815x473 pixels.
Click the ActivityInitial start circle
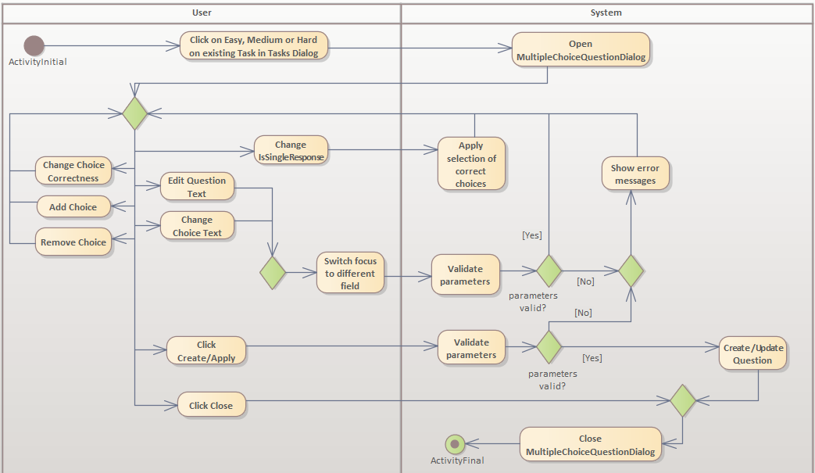pyautogui.click(x=34, y=46)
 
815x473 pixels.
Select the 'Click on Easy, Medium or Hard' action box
pyautogui.click(x=254, y=46)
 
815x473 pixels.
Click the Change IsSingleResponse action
pyautogui.click(x=291, y=150)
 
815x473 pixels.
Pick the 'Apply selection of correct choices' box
pyautogui.click(x=471, y=164)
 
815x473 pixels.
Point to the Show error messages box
pyautogui.click(x=635, y=174)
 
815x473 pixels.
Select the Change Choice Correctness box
pyautogui.click(x=73, y=171)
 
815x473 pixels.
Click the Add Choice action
pyautogui.click(x=73, y=207)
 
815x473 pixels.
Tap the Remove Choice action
pyautogui.click(x=73, y=242)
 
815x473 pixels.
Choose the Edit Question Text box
pyautogui.click(x=197, y=187)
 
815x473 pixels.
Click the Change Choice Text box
pyautogui.click(x=197, y=226)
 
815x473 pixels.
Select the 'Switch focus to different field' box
pyautogui.click(x=350, y=273)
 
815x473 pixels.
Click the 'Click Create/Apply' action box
pyautogui.click(x=206, y=350)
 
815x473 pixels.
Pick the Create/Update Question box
pyautogui.click(x=752, y=354)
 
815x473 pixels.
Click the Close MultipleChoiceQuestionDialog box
pyautogui.click(x=590, y=445)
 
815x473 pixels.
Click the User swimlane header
pyautogui.click(x=202, y=13)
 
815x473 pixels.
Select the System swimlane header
pyautogui.click(x=606, y=13)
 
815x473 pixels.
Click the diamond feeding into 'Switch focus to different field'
pyautogui.click(x=273, y=273)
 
